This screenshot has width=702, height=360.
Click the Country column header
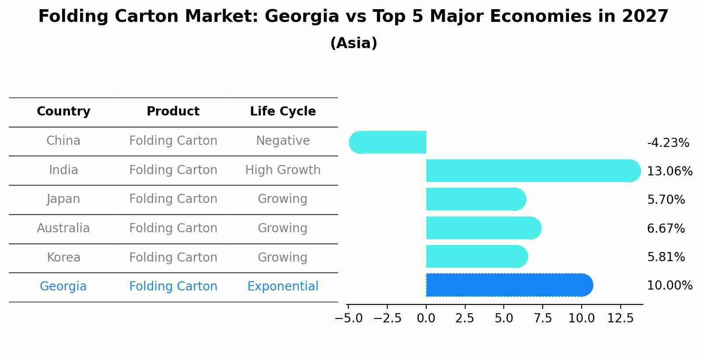tap(63, 112)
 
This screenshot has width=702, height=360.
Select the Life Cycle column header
tap(283, 112)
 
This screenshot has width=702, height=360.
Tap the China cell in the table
tap(63, 141)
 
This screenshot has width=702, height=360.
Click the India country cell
tap(63, 170)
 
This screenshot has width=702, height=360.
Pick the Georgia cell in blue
tap(63, 287)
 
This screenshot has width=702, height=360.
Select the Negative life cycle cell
tap(283, 141)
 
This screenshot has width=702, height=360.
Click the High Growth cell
tap(283, 170)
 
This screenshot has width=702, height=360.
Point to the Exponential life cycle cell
tap(283, 287)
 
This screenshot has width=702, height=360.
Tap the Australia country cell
tap(63, 228)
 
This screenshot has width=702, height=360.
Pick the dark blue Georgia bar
tap(508, 285)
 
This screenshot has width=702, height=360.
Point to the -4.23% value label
tap(668, 143)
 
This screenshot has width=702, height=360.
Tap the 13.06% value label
tap(670, 171)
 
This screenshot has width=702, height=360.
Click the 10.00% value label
tap(670, 286)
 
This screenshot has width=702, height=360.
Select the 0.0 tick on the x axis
tap(426, 318)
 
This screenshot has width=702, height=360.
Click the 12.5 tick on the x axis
tap(620, 318)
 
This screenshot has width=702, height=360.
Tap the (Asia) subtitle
tap(354, 43)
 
